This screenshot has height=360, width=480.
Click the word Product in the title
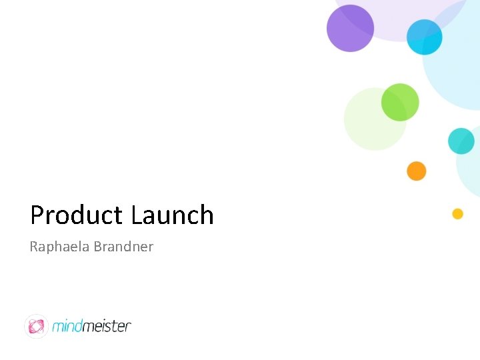77,215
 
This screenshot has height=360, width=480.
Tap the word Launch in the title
172,215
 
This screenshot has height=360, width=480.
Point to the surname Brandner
123,247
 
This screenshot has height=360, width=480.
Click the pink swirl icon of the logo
36,326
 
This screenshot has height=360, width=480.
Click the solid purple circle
350,28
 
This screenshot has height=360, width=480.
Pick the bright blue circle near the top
425,37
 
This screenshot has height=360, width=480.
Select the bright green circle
400,102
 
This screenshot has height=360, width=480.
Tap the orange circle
416,171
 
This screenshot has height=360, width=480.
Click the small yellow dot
457,214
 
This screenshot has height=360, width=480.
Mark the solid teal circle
461,141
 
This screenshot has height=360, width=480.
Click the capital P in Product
37,215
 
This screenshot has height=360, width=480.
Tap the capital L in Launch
137,215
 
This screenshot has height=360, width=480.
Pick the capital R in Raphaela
34,247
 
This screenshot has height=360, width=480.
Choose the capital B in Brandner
97,247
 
